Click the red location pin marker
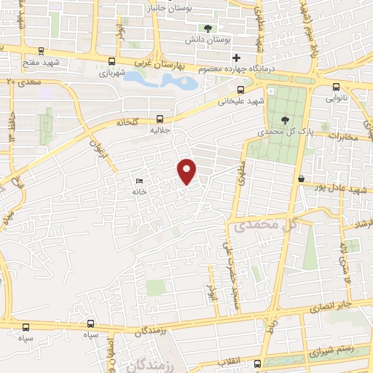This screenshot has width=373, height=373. coord(187,171)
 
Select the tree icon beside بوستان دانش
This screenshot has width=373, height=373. coord(209,29)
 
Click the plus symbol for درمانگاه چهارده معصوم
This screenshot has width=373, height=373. coord(235,58)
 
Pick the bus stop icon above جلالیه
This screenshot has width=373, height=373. coord(160,119)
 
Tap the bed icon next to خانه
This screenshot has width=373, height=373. coord(139,181)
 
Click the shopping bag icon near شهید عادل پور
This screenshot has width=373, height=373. coord(301,178)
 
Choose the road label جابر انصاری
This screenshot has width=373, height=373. coord(331,305)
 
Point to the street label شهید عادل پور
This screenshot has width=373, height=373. coord(345,189)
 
